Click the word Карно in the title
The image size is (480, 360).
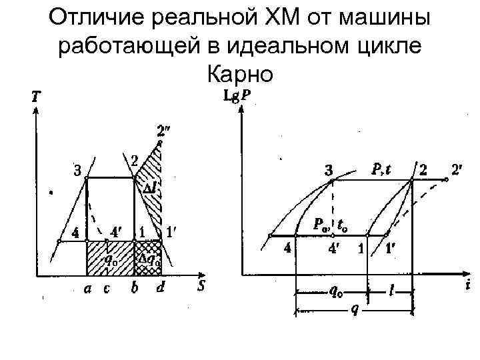pos(240,73)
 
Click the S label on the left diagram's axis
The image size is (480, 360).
pos(201,287)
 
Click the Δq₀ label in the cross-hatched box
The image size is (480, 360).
pos(148,261)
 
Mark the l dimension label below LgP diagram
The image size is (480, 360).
pos(391,293)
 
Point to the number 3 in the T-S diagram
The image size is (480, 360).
pos(78,171)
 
